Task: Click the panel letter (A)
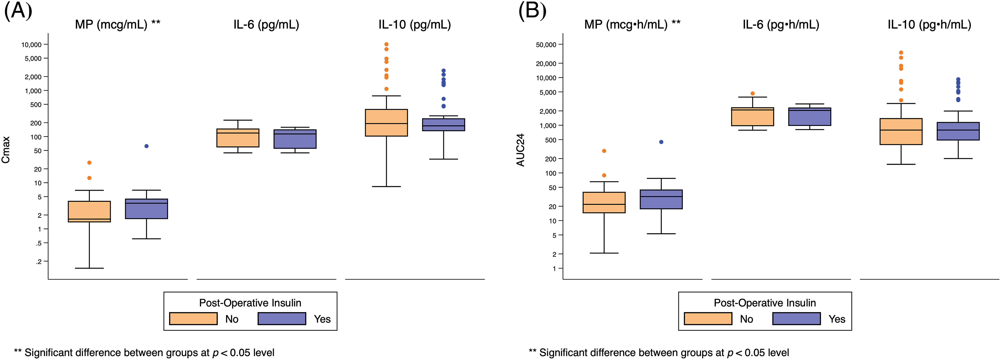18,11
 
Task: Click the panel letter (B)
532,11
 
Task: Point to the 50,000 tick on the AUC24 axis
546,45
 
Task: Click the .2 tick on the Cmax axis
39,262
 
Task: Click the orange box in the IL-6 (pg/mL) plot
238,138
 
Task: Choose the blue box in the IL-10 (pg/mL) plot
443,125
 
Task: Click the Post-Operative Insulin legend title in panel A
250,303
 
